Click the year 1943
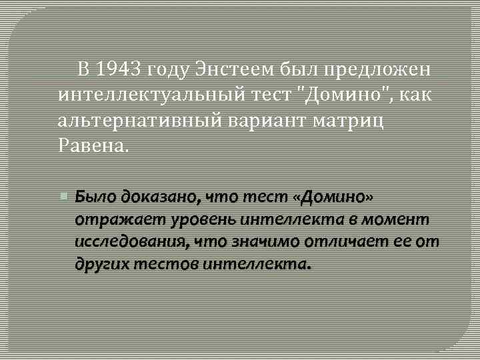pyautogui.click(x=117, y=69)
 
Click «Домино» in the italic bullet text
pyautogui.click(x=337, y=197)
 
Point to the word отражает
pyautogui.click(x=108, y=219)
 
